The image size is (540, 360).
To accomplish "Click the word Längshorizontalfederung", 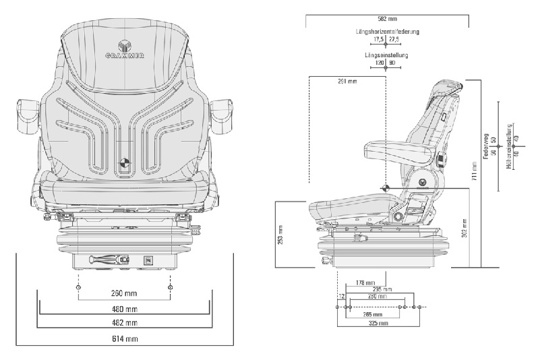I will tap(388, 32).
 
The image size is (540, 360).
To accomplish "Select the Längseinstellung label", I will tap(388, 55).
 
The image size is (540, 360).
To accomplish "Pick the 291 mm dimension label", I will tap(347, 82).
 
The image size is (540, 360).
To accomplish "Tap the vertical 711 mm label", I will tap(475, 176).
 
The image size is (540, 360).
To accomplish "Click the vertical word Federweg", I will tap(485, 144).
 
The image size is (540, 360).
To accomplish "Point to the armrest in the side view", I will tap(394, 147).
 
